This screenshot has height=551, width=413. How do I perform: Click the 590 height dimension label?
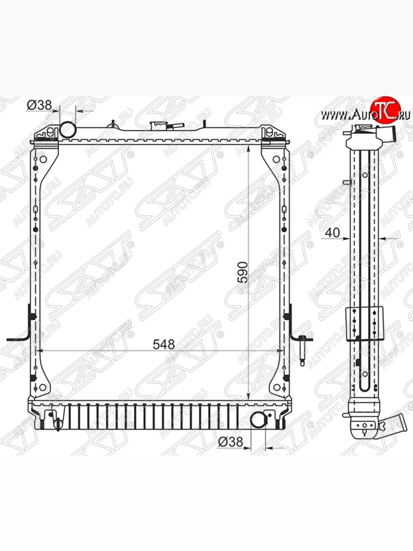(243, 272)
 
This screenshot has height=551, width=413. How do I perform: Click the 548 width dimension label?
(164, 344)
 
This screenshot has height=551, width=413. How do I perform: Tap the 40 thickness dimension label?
(333, 233)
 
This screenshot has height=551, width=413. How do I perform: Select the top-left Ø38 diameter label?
(39, 105)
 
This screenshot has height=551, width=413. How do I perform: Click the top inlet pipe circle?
(68, 129)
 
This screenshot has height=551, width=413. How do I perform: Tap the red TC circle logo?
(383, 109)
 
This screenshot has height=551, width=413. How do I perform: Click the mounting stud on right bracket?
(303, 351)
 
